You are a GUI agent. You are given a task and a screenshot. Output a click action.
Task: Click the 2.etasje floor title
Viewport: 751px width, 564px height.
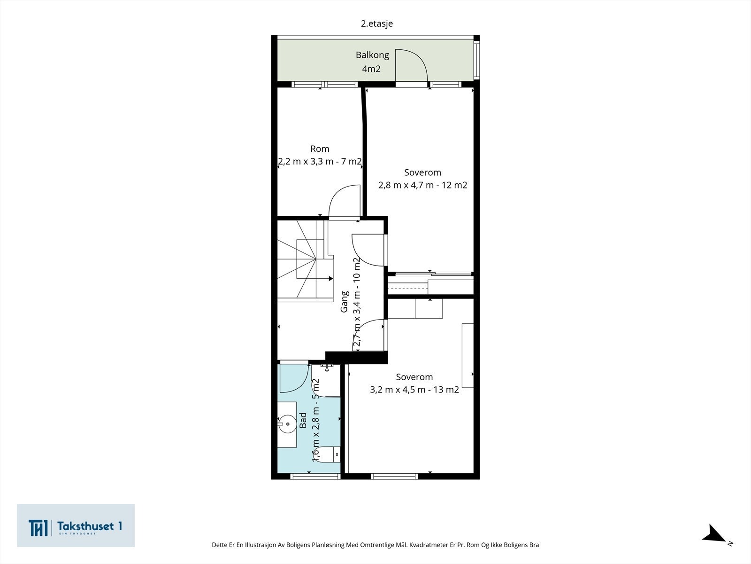pyautogui.click(x=377, y=23)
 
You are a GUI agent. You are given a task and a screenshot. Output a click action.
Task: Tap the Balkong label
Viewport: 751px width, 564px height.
pyautogui.click(x=372, y=55)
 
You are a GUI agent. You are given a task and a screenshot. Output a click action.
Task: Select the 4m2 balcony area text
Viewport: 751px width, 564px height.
pyautogui.click(x=371, y=69)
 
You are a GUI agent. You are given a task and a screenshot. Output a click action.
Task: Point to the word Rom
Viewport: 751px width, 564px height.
pyautogui.click(x=320, y=149)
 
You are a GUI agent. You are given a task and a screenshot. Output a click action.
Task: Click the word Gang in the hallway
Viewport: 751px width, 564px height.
pyautogui.click(x=344, y=302)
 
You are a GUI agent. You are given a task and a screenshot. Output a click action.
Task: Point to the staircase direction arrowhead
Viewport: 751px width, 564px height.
pyautogui.click(x=331, y=279)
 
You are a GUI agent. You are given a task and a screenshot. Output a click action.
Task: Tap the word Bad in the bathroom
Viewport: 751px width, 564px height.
pyautogui.click(x=303, y=421)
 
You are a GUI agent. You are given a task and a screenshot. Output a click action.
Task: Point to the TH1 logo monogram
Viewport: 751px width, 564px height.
pyautogui.click(x=38, y=528)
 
